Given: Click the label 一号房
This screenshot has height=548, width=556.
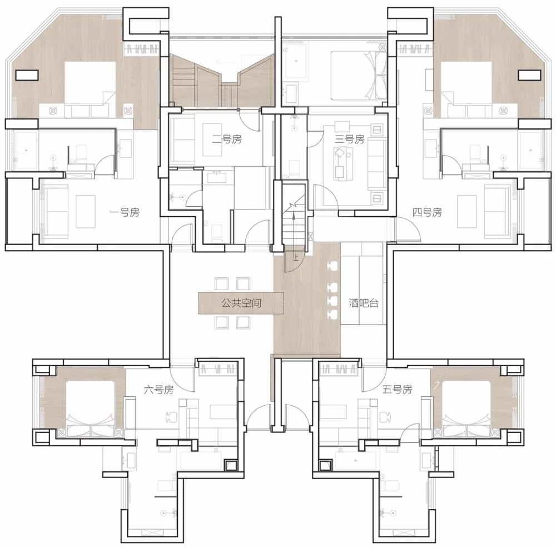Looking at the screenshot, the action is pos(125,213).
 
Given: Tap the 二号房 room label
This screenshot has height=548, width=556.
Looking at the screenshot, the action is pos(227,140).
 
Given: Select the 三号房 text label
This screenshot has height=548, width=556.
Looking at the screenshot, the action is pos(350,140).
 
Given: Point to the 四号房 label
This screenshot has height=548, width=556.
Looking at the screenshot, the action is pos(427,213).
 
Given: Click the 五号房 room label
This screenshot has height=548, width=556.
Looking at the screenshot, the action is pos(398,390).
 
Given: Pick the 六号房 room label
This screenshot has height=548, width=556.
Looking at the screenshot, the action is pos(159,390).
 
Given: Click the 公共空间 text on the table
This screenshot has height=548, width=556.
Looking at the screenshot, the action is pos(241,303).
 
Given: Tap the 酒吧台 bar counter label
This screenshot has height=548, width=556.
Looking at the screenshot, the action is pos(364,303).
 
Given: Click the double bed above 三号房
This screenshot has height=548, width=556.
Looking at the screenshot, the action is pos(359,76).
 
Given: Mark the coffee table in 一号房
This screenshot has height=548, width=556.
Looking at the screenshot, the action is pos(86,212).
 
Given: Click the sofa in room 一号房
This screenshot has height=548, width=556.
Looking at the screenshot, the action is pos(55,212).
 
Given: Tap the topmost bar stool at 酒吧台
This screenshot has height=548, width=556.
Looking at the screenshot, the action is pos(332,266).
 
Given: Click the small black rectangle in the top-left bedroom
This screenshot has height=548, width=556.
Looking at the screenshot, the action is pos(27,75).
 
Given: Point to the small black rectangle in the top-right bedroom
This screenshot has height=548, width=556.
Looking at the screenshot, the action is pos(530,75).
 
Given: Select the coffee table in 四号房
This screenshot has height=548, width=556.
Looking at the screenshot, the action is pos(466,212).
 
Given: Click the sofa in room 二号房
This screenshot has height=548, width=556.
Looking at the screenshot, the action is pos(182,140).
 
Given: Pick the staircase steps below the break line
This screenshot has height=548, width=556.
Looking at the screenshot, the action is pos(294,227).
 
